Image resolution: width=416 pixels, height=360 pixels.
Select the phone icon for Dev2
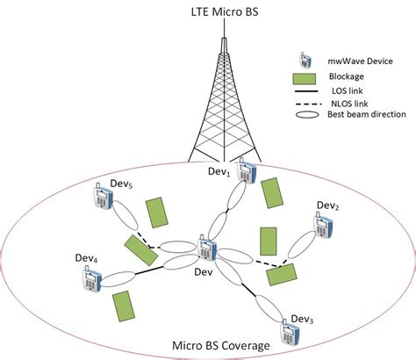point(325,227)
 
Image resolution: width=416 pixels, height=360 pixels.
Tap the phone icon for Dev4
point(90,279)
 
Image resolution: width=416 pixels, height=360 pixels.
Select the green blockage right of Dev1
point(273,193)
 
